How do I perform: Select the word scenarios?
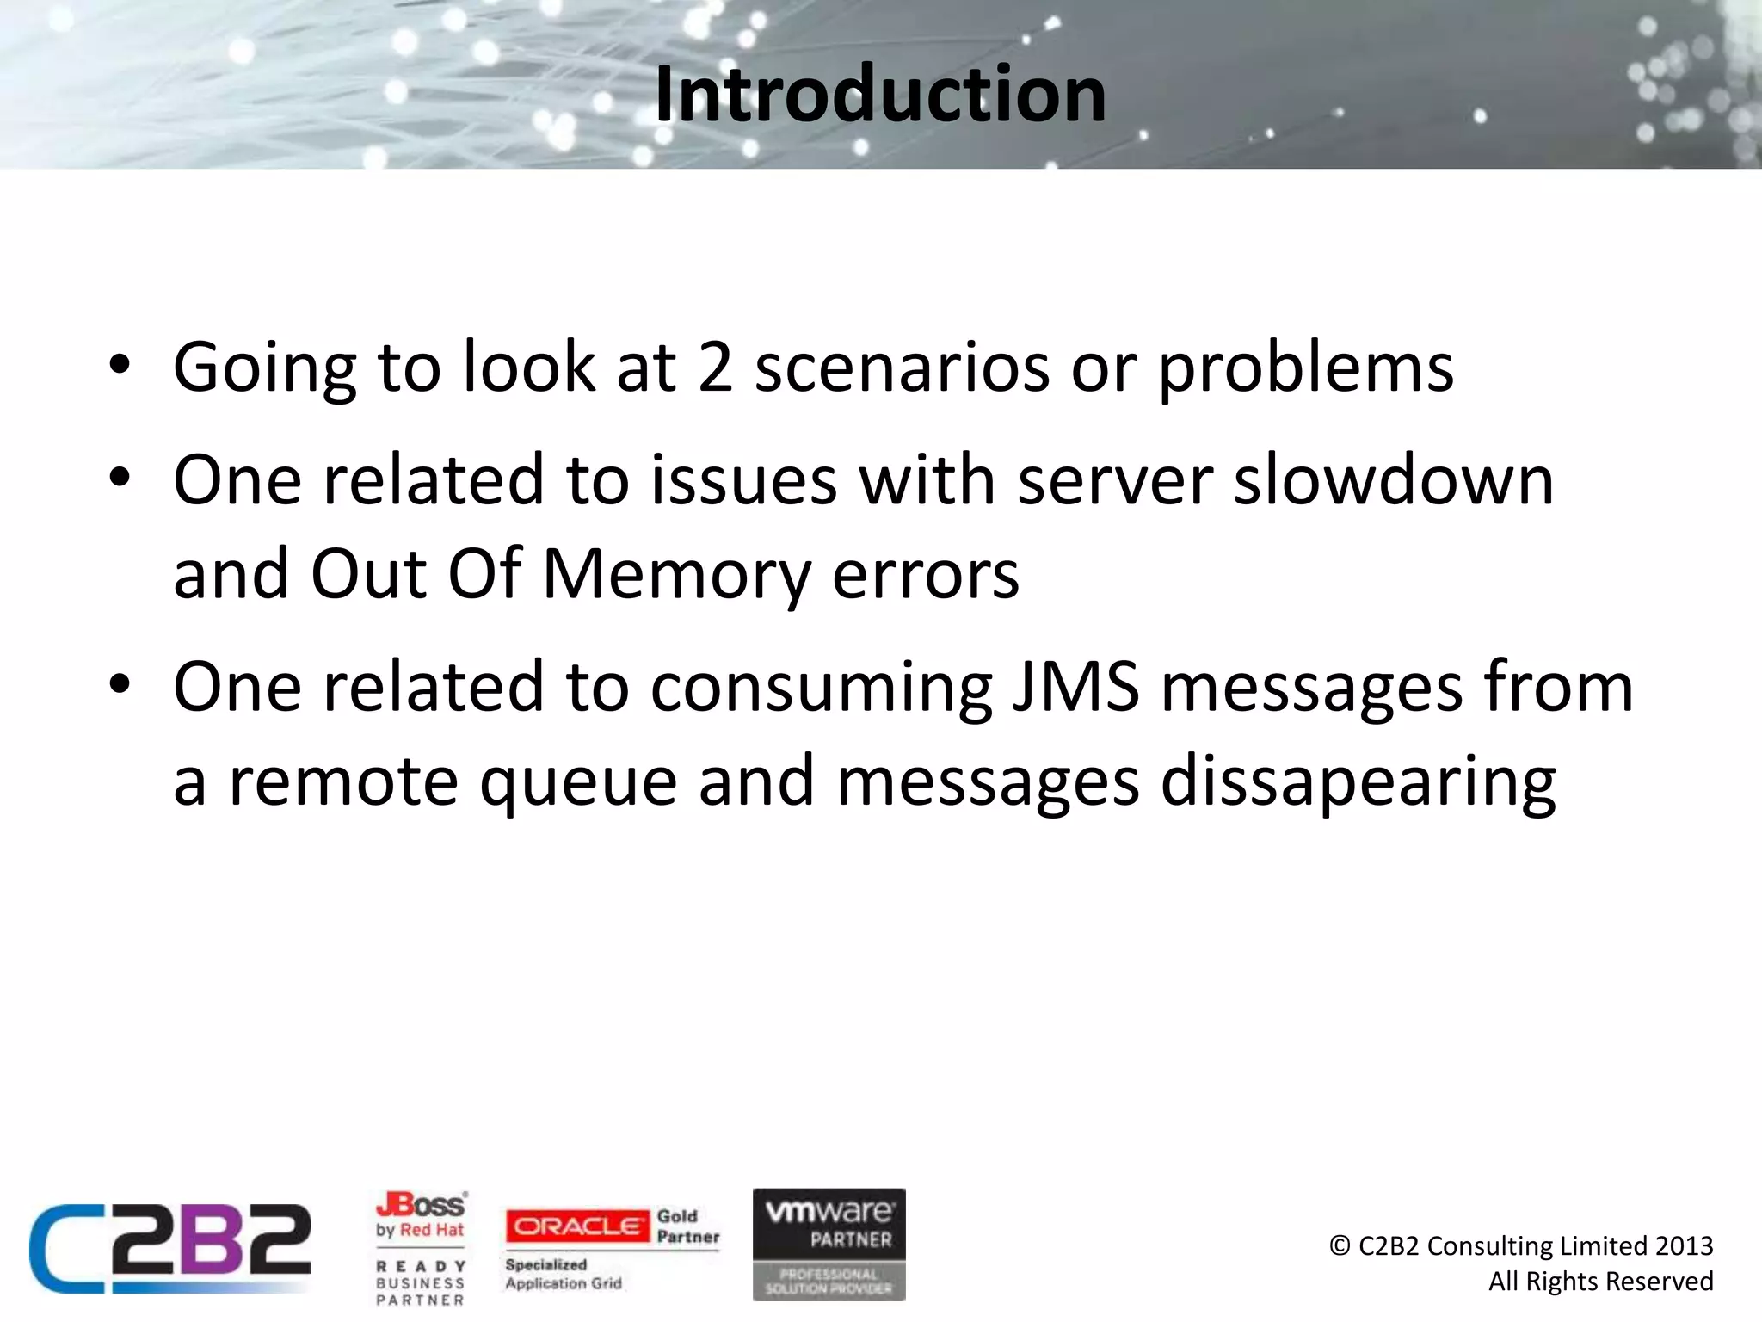point(902,368)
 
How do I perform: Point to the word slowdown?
point(1393,480)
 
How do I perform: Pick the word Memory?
point(675,575)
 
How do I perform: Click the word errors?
point(925,575)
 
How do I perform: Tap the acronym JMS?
point(1075,687)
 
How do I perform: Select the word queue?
point(578,781)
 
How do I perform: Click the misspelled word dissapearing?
point(1358,781)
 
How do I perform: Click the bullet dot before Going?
point(120,365)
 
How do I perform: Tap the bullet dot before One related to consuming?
point(120,684)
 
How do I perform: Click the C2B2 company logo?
point(169,1248)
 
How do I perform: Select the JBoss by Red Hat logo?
point(421,1215)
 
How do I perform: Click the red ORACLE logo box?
point(577,1226)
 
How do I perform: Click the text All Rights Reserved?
point(1600,1282)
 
